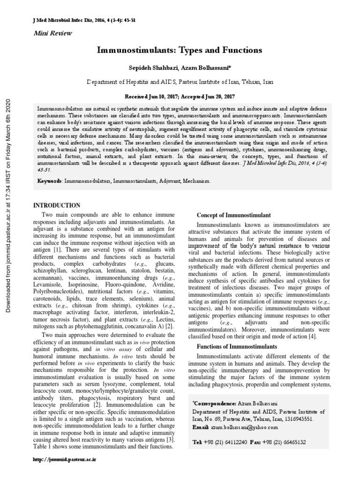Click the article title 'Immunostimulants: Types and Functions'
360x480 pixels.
point(180,50)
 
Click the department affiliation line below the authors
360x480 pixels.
point(180,82)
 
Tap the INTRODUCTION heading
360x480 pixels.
point(56,206)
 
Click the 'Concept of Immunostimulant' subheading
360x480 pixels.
point(233,215)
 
